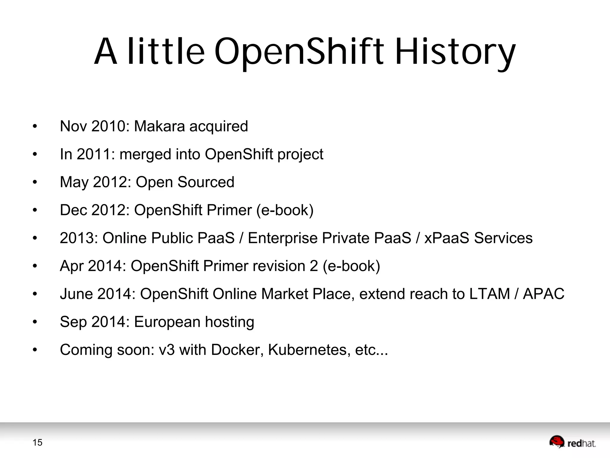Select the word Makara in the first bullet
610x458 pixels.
tap(160, 126)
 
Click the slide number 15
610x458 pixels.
tap(38, 442)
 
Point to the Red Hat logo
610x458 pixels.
tap(572, 442)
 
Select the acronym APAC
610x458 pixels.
tap(544, 294)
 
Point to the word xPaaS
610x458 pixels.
tap(447, 238)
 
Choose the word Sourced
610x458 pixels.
tap(206, 182)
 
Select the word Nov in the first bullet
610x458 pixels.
tap(73, 126)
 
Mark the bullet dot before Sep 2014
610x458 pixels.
tap(35, 322)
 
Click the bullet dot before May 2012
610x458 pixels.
tap(35, 182)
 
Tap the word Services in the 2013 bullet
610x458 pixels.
tap(503, 238)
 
